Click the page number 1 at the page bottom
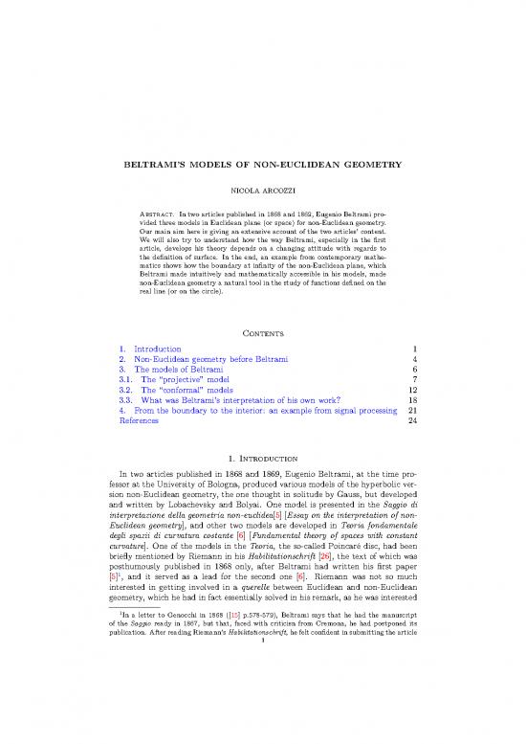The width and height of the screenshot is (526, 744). (262, 734)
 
